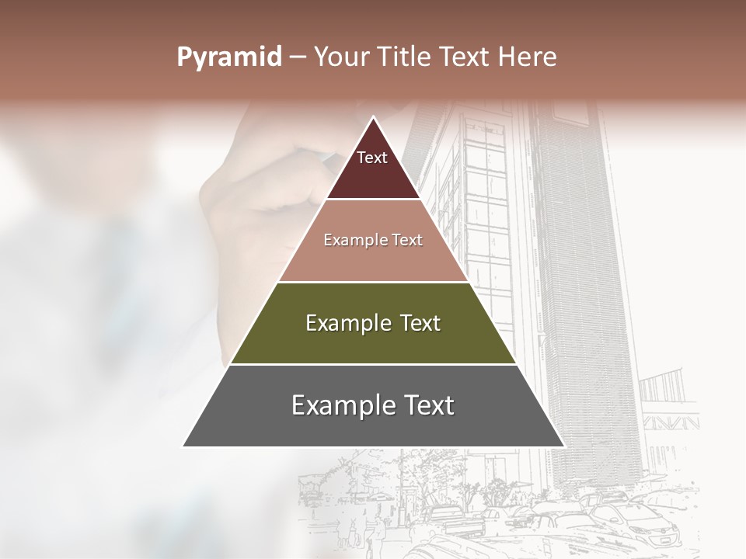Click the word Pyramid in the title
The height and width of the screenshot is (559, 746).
tap(229, 57)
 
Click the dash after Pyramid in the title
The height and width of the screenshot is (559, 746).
tap(298, 57)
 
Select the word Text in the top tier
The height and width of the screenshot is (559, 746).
tap(372, 158)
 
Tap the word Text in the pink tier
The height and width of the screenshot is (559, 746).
tap(407, 240)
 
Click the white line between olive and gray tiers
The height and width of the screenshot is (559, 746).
tap(373, 364)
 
